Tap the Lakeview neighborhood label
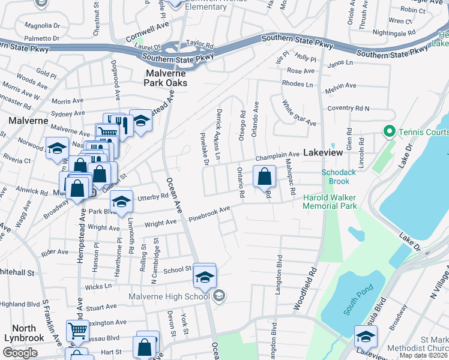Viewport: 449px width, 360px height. pyautogui.click(x=323, y=152)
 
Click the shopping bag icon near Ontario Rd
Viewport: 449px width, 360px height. pyautogui.click(x=264, y=176)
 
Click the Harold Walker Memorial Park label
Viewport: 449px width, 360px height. pyautogui.click(x=330, y=202)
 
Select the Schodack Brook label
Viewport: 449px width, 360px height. pyautogui.click(x=335, y=176)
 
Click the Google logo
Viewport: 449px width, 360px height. pyautogui.click(x=20, y=353)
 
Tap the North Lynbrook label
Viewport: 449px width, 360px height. pyautogui.click(x=24, y=333)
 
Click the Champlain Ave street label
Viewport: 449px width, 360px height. pyautogui.click(x=277, y=157)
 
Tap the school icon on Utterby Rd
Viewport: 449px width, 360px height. pyautogui.click(x=121, y=202)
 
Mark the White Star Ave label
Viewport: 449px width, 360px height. pyautogui.click(x=299, y=113)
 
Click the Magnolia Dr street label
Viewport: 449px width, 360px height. pyautogui.click(x=42, y=26)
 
